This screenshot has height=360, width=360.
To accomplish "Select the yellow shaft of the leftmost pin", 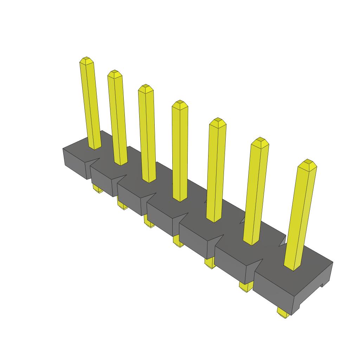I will point(90,105).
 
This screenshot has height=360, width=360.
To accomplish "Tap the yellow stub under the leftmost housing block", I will point(98,189).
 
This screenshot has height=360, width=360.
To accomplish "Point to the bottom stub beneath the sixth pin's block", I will point(246,286).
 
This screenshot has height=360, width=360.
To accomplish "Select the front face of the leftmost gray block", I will point(75,163).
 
